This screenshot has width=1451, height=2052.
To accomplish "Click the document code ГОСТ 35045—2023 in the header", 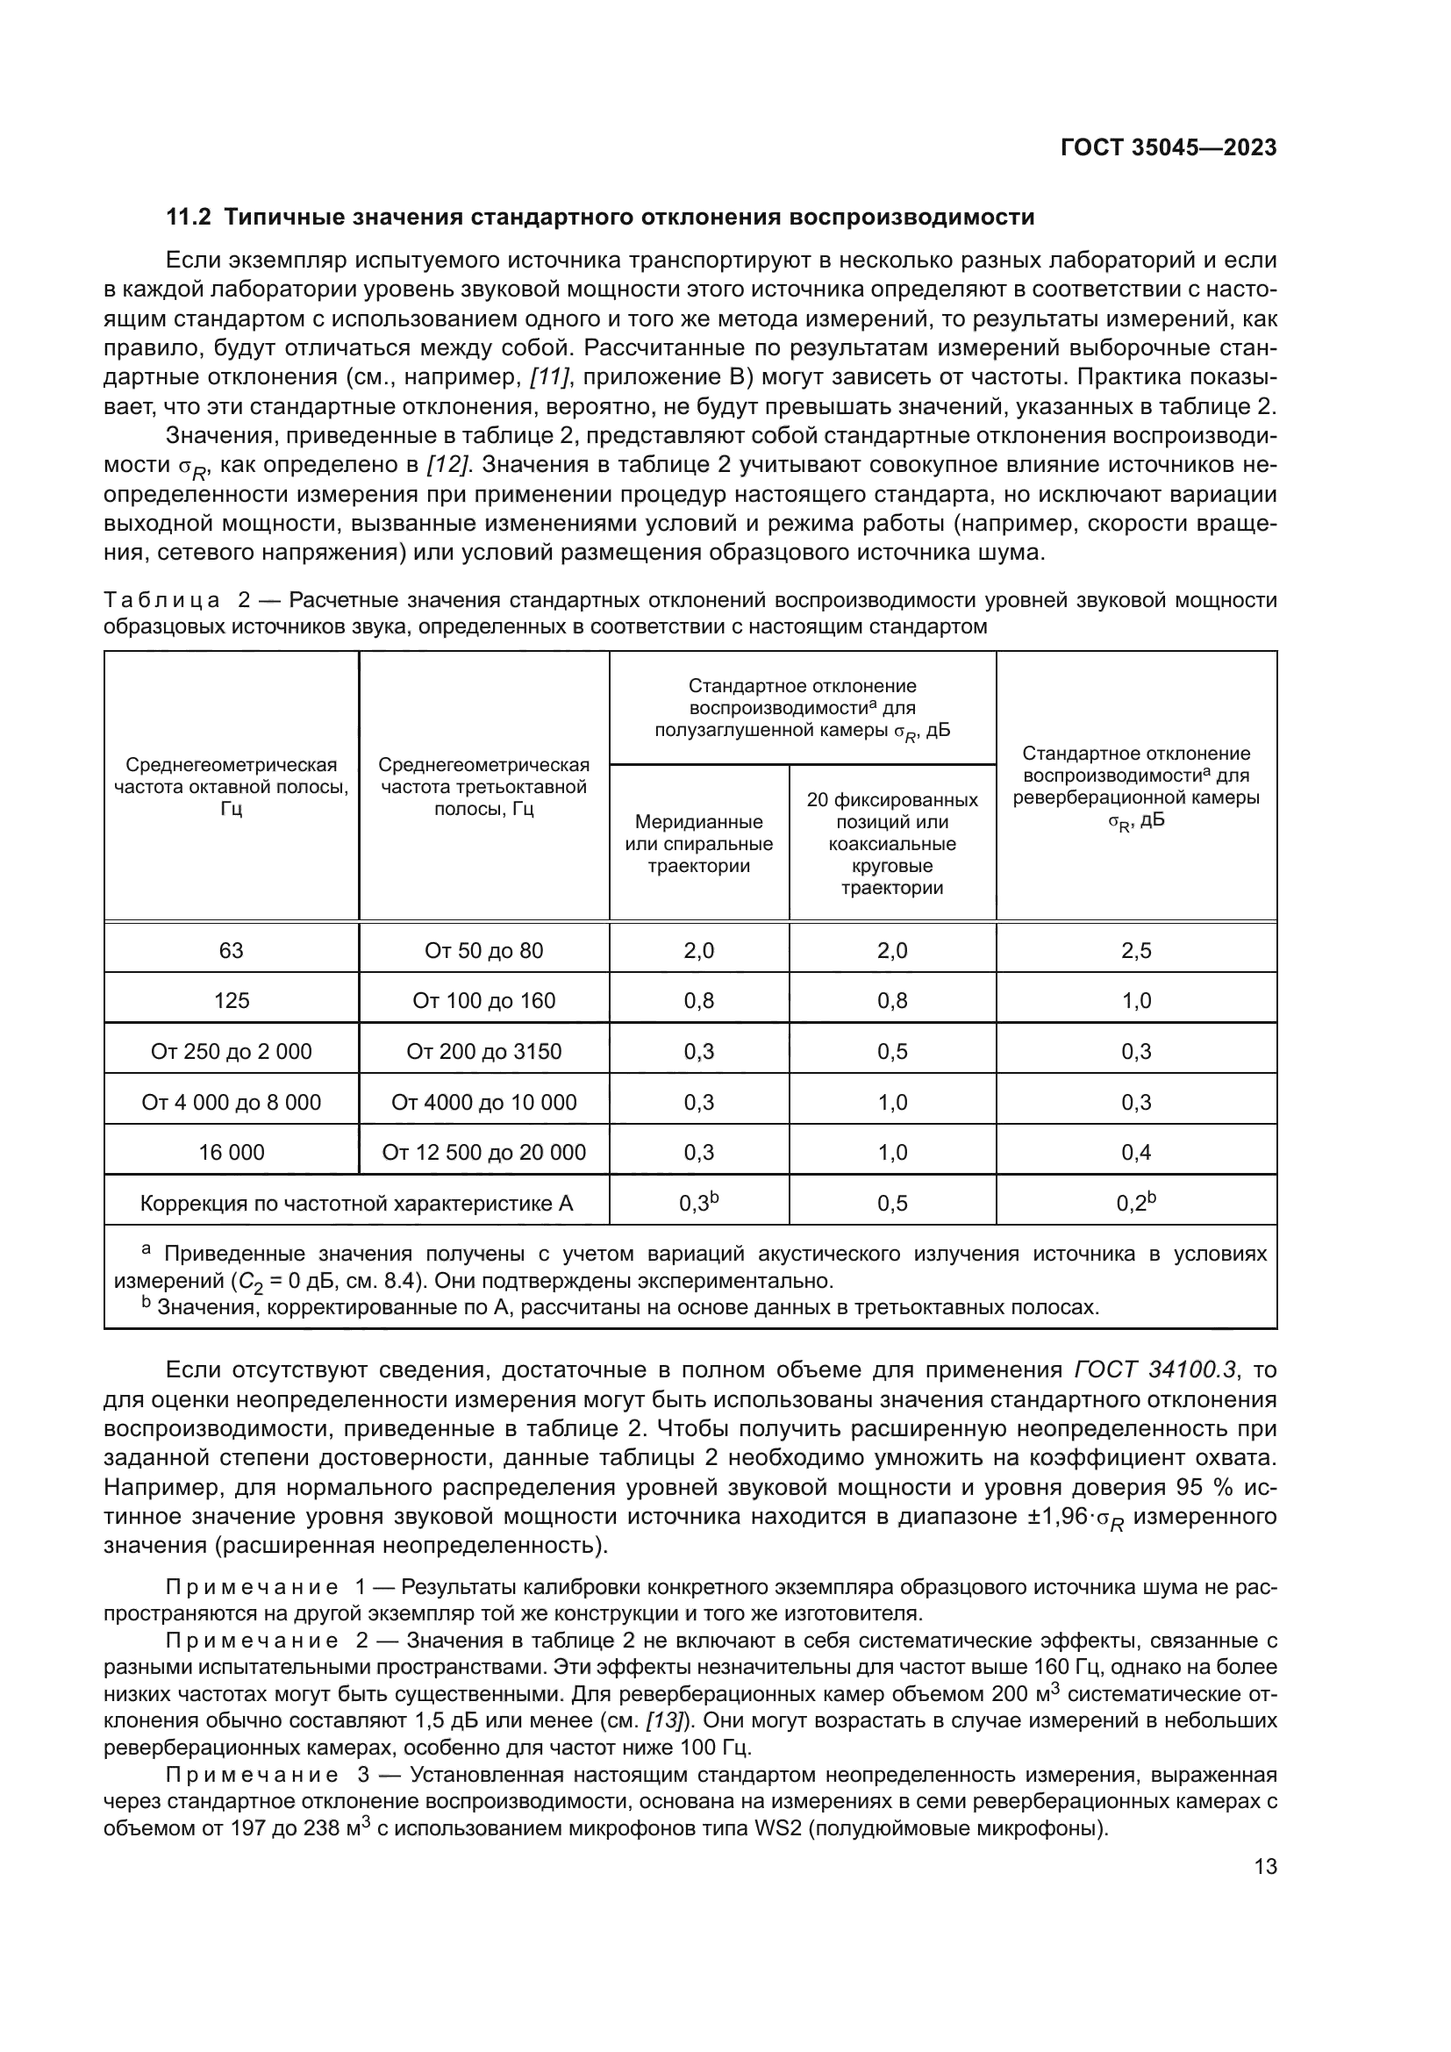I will click(1168, 148).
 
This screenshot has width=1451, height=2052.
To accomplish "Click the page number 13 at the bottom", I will click(1265, 1867).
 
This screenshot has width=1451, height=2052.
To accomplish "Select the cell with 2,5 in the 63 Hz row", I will click(1135, 950).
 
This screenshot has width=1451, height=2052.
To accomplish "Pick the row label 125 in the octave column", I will click(232, 1000).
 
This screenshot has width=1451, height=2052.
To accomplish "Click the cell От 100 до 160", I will click(483, 1000).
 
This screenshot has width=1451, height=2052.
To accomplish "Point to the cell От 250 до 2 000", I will click(232, 1051).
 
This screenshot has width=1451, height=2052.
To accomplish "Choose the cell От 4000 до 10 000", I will click(483, 1102).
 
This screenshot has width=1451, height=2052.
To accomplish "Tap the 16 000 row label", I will click(232, 1152).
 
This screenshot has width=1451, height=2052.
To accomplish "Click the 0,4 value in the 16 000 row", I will click(1135, 1152).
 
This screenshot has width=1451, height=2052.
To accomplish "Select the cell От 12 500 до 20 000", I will click(483, 1152).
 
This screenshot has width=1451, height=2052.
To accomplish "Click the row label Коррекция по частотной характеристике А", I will click(355, 1204).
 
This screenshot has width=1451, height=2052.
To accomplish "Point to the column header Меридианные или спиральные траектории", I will click(698, 844).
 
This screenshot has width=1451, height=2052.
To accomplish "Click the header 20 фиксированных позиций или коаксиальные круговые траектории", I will click(891, 844).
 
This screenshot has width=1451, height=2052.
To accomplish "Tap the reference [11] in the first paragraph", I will click(549, 377).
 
